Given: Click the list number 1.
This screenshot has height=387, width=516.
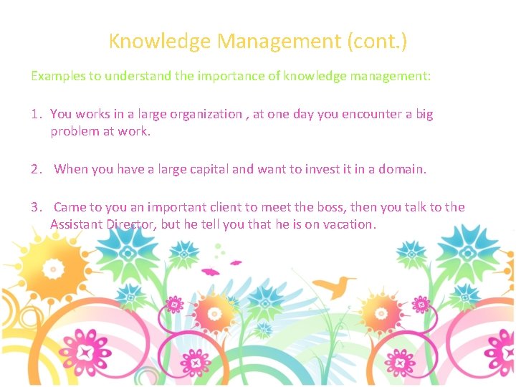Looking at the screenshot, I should coord(36,114).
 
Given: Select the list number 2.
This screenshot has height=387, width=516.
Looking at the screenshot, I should coord(36,170).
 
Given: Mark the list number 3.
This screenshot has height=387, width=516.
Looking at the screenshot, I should coord(36,207).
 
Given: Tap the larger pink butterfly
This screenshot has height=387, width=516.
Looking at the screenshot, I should coord(211,272).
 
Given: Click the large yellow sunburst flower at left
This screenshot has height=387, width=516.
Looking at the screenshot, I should coord(52,268).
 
